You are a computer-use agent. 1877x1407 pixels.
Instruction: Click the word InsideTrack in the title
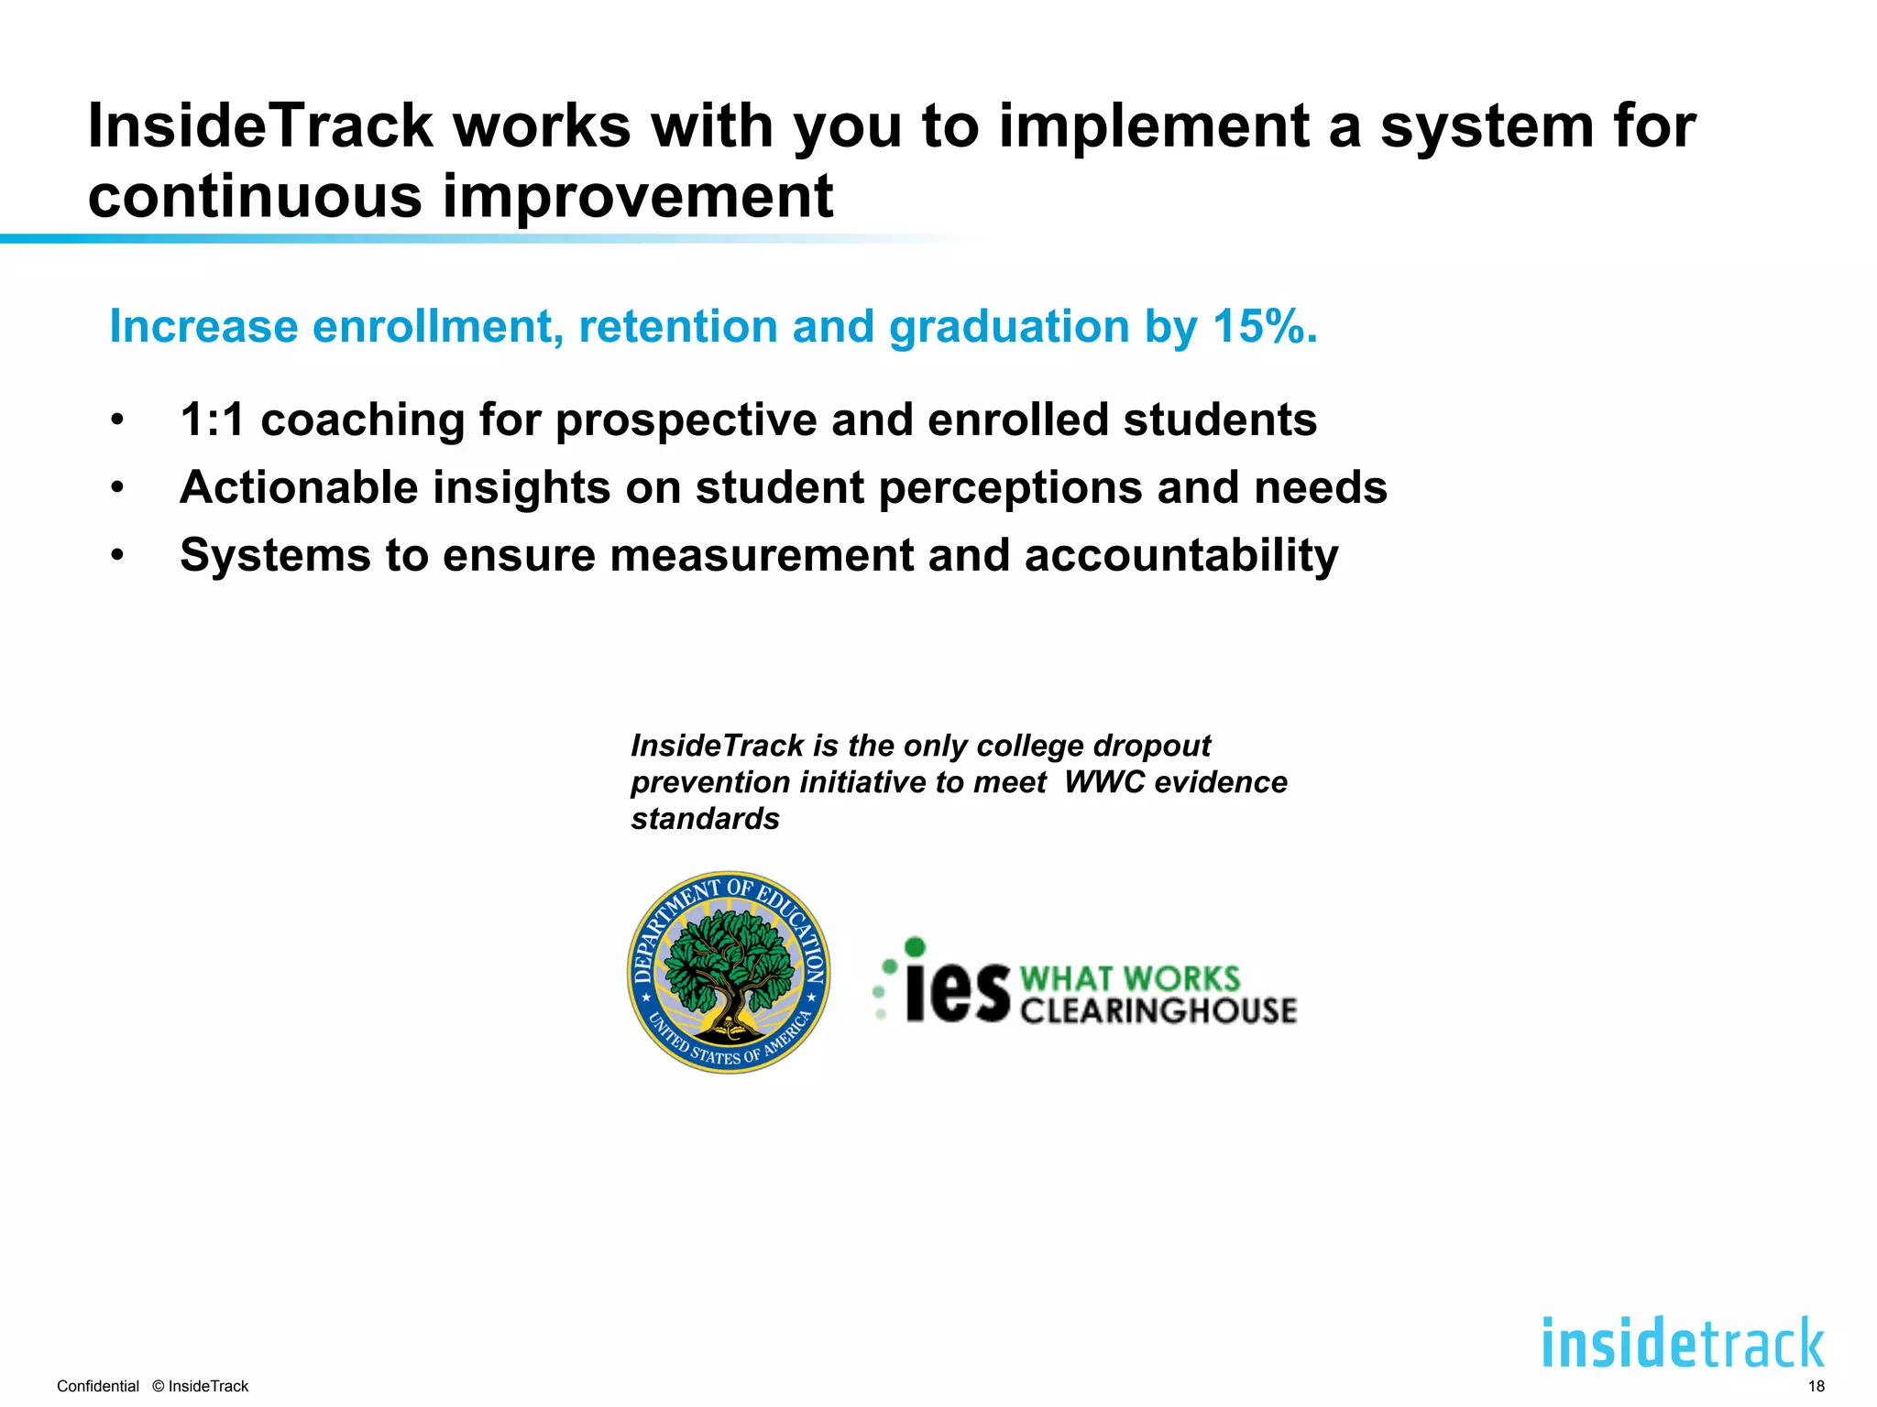[x=259, y=125]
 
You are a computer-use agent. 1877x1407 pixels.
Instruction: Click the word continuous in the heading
[x=255, y=196]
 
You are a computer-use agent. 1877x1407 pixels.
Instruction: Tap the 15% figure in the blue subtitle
[x=1258, y=326]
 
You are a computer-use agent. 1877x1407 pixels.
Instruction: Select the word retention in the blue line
[x=677, y=326]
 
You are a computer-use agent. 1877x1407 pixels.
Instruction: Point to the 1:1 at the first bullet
[x=213, y=420]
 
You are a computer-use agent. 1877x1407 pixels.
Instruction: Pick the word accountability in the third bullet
[x=1180, y=555]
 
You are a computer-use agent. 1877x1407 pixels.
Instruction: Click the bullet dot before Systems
[x=116, y=555]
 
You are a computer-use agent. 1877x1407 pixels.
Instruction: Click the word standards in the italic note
[x=705, y=818]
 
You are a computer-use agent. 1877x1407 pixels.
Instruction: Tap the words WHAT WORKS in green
[x=1129, y=978]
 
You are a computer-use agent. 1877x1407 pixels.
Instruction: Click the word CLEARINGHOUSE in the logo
[x=1158, y=1010]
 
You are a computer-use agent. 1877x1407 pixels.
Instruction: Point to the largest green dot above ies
[x=915, y=946]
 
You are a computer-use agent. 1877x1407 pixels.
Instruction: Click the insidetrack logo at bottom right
[x=1683, y=1343]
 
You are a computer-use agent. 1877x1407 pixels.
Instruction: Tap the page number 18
[x=1816, y=1386]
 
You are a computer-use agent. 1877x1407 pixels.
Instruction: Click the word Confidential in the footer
[x=98, y=1386]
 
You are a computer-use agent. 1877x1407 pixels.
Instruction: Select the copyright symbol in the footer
[x=158, y=1386]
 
